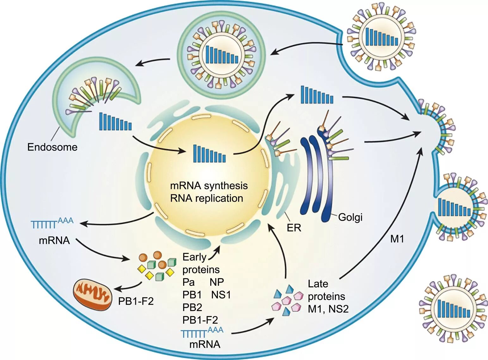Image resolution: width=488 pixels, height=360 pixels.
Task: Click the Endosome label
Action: pos(52,147)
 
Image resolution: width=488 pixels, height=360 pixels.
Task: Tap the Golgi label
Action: pos(350,217)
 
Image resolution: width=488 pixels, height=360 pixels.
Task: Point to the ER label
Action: pos(294,228)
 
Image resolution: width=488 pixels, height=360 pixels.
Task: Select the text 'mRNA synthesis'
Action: pos(209,186)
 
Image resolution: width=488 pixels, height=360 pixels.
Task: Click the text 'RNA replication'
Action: pos(207,198)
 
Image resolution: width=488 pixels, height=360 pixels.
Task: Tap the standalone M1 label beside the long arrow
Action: pos(397,239)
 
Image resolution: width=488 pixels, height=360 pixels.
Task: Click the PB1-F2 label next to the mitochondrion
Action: pos(136,301)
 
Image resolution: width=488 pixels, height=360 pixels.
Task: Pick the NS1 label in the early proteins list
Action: pos(221,295)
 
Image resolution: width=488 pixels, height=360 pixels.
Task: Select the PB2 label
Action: pos(192,307)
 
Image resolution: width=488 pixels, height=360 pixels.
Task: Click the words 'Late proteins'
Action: pos(326,290)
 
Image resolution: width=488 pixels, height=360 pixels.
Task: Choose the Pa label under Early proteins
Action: pos(188,282)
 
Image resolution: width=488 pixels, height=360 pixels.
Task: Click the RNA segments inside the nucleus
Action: pos(209,154)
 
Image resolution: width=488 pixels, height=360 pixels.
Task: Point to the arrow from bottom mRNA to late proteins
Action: pos(253,327)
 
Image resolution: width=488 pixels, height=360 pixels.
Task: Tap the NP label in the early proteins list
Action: pos(217,282)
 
